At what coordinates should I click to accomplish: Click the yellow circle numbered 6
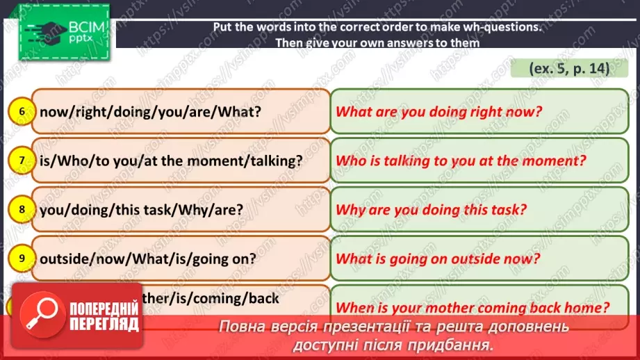[22, 111]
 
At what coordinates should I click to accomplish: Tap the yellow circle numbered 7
[22, 161]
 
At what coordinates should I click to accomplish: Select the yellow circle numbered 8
[22, 209]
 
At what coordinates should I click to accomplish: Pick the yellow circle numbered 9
[22, 259]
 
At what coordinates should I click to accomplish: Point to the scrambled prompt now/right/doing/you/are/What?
[151, 111]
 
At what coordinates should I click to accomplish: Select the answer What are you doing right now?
[438, 111]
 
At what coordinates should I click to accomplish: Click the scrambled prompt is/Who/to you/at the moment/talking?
[172, 161]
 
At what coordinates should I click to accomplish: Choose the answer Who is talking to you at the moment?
[461, 161]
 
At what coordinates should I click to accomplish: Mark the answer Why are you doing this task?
[432, 209]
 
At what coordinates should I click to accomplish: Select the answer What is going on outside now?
[438, 259]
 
